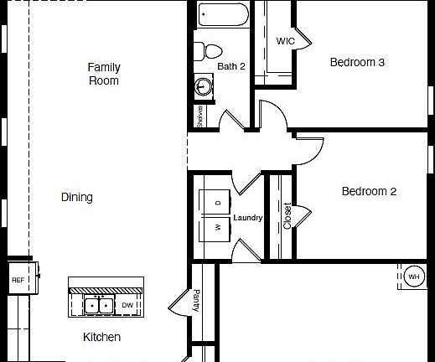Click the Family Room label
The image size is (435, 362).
(x=103, y=74)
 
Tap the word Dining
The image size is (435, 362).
(x=77, y=198)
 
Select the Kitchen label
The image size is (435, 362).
(x=101, y=337)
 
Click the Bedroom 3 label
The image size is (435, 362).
(x=357, y=62)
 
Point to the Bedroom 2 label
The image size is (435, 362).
(x=369, y=192)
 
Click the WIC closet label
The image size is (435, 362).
(x=285, y=41)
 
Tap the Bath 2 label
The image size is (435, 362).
(x=231, y=65)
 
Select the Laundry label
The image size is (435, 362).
(x=248, y=218)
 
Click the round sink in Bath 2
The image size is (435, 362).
(x=203, y=85)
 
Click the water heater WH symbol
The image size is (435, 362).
(x=414, y=276)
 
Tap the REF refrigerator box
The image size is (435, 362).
(x=18, y=281)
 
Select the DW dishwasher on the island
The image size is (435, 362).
(x=127, y=305)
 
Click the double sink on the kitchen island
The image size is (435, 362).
(x=99, y=305)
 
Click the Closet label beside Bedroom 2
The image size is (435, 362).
(x=287, y=216)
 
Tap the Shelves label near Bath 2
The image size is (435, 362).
(x=199, y=116)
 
